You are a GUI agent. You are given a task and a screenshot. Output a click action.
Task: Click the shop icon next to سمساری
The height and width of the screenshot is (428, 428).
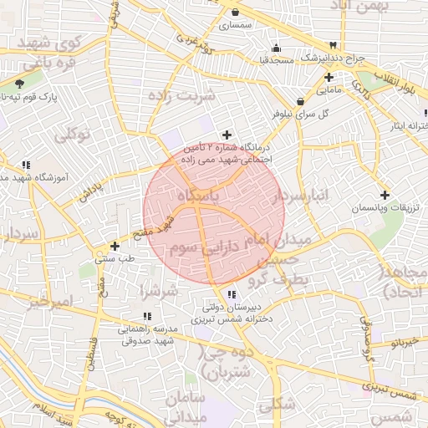[236, 12]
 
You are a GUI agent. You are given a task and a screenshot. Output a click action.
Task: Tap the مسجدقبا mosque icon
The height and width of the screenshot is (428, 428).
[276, 48]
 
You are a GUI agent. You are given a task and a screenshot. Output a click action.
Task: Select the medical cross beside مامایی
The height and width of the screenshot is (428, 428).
[329, 77]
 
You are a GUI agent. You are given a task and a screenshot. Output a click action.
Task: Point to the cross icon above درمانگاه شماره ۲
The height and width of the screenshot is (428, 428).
[227, 135]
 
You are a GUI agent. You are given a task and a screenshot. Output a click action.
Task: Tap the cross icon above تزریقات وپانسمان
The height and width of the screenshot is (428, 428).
[384, 194]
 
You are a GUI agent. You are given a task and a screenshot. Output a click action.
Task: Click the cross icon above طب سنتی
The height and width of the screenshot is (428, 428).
[115, 246]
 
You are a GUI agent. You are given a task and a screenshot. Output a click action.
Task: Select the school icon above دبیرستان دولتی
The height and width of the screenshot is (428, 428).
[232, 294]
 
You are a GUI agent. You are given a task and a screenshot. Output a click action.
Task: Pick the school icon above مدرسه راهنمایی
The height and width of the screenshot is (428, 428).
[147, 316]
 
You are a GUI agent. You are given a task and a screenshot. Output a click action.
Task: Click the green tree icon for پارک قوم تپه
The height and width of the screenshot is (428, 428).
[19, 84]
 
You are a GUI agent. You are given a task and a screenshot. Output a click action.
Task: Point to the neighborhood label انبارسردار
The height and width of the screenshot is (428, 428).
[302, 196]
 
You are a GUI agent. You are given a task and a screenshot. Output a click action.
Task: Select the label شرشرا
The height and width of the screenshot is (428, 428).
[158, 292]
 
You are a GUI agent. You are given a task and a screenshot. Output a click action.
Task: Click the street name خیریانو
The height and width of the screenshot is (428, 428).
[409, 343]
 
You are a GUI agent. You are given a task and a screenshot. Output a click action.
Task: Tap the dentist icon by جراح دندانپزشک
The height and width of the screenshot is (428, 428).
[334, 45]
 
